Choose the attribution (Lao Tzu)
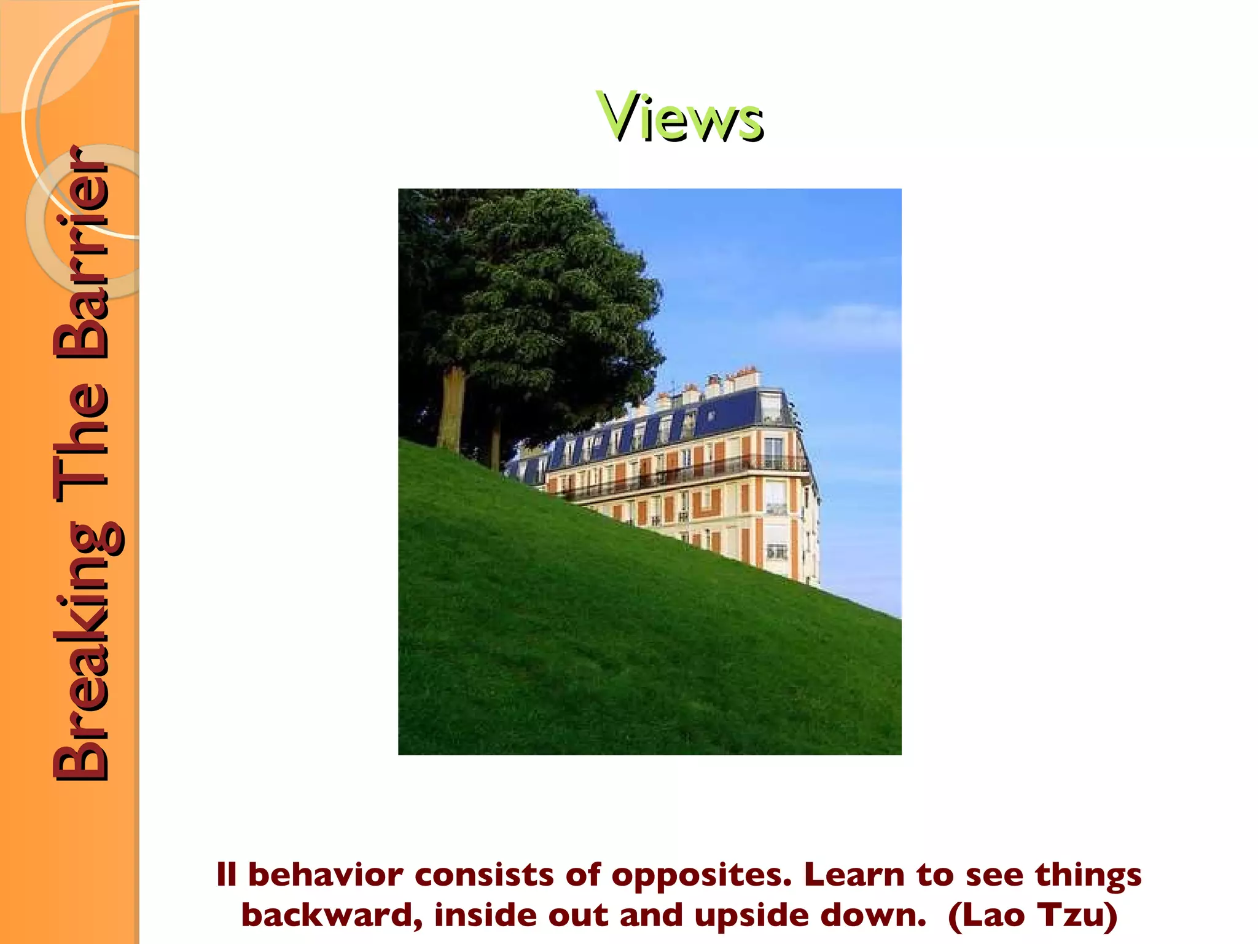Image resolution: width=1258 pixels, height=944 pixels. (1033, 916)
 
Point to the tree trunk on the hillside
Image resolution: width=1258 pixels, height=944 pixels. (451, 409)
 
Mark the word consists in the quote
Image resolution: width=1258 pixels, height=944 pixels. (485, 875)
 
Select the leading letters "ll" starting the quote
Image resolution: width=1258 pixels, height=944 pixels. (226, 875)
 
